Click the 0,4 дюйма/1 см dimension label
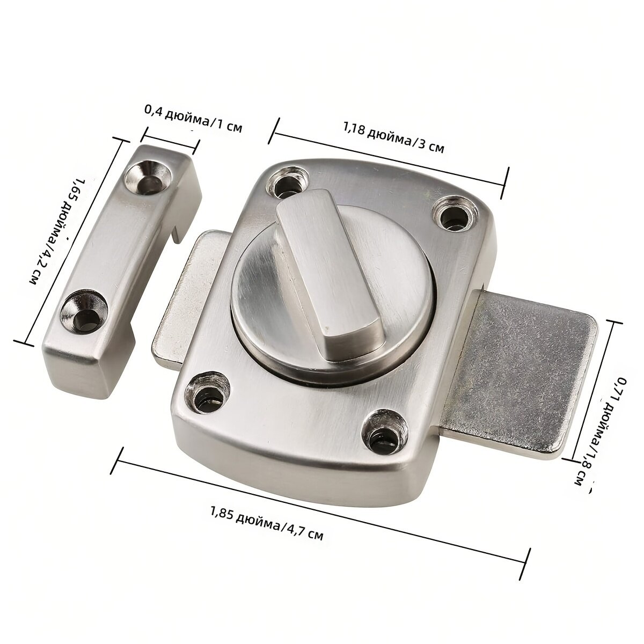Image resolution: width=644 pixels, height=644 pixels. (193, 118)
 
